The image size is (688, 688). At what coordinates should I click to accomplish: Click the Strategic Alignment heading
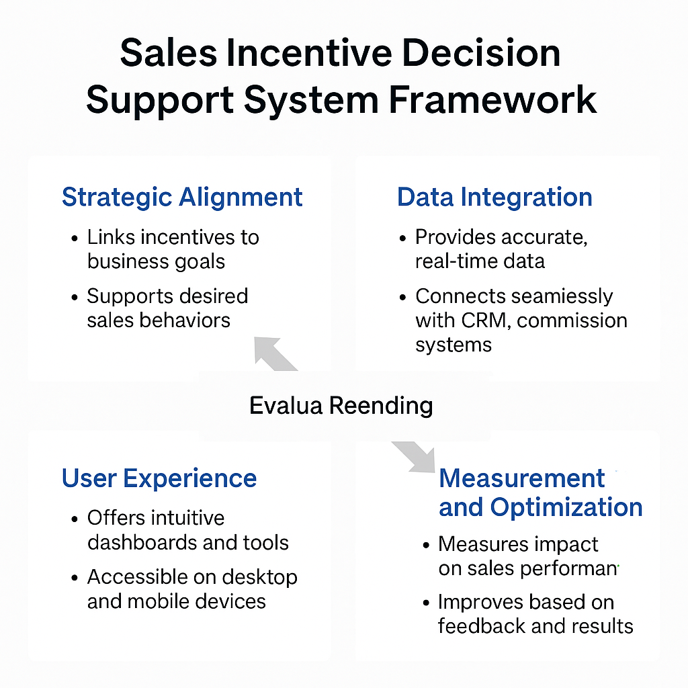coord(182,198)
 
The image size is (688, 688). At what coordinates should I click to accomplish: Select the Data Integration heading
coord(494,198)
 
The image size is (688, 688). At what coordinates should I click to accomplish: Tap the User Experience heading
coord(159,478)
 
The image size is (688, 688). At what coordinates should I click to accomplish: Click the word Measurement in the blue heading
coord(521,478)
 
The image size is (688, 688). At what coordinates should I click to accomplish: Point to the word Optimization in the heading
coord(566,508)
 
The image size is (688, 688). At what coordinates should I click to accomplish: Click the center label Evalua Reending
coord(341,405)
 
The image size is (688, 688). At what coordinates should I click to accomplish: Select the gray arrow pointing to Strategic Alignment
coord(275,353)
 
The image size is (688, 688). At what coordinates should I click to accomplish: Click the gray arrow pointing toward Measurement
coord(414,457)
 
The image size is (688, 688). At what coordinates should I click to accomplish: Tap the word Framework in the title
coord(492,100)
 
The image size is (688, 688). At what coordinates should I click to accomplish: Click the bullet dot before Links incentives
coord(75,239)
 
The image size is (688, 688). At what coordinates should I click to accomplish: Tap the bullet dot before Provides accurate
coord(403,239)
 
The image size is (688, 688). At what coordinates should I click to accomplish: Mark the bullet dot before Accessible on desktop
coord(75,578)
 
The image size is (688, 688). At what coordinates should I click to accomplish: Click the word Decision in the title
coord(481,53)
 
